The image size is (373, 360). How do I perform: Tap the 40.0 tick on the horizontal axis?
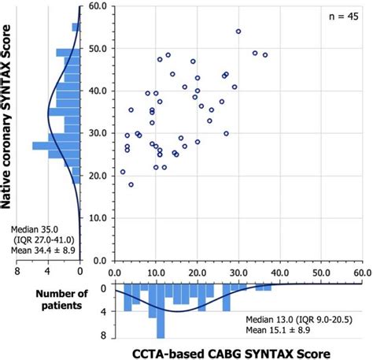[279, 271]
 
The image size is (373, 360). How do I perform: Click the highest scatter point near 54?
[238, 32]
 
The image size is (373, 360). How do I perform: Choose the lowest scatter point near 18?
[131, 184]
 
